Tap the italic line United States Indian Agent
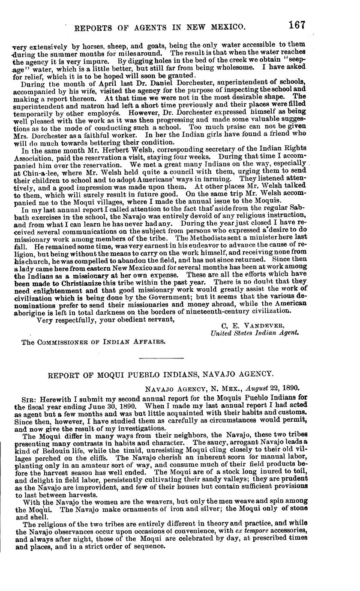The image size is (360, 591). click(x=255, y=333)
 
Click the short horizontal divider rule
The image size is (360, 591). click(x=161, y=358)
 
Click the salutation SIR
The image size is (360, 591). click(x=29, y=399)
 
